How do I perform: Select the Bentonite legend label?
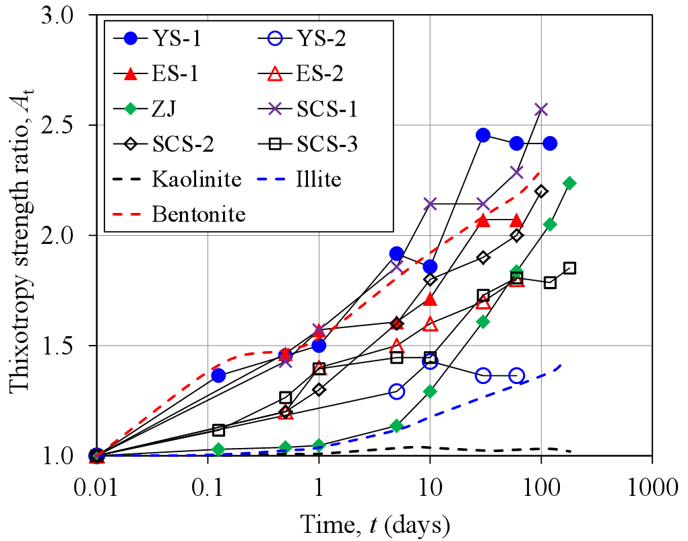199,215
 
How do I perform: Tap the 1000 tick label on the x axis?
651,485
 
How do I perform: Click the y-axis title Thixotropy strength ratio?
19,236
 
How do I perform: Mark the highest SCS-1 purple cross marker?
541,109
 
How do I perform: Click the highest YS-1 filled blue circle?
482,135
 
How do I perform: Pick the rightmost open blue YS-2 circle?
517,376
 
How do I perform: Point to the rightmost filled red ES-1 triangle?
516,220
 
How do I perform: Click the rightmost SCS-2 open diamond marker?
541,191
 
